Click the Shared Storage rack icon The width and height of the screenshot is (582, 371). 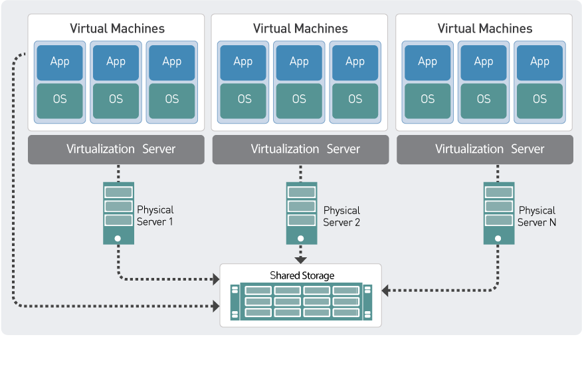pyautogui.click(x=301, y=301)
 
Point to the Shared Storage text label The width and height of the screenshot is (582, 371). pyautogui.click(x=302, y=275)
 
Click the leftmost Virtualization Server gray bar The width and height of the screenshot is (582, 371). pyautogui.click(x=116, y=150)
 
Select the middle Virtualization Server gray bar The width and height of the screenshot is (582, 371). pyautogui.click(x=300, y=150)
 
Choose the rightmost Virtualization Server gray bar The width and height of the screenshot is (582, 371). pyautogui.click(x=485, y=150)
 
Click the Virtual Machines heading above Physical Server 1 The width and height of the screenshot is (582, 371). pyautogui.click(x=117, y=29)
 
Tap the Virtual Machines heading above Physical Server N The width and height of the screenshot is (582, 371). pyautogui.click(x=484, y=29)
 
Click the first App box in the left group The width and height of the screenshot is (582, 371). pyautogui.click(x=60, y=62)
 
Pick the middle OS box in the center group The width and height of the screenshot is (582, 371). pyautogui.click(x=299, y=100)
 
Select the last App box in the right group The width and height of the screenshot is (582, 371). pyautogui.click(x=539, y=62)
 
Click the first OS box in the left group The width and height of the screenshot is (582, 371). pyautogui.click(x=60, y=100)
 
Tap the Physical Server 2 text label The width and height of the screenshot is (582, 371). pyautogui.click(x=341, y=216)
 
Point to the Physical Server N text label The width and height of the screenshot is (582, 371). pyautogui.click(x=537, y=216)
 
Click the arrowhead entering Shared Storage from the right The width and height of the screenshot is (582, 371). pyautogui.click(x=386, y=290)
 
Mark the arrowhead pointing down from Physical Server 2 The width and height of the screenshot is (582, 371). pyautogui.click(x=301, y=258)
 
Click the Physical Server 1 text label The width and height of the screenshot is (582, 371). pyautogui.click(x=155, y=216)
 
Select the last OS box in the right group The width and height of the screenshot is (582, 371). pyautogui.click(x=539, y=100)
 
